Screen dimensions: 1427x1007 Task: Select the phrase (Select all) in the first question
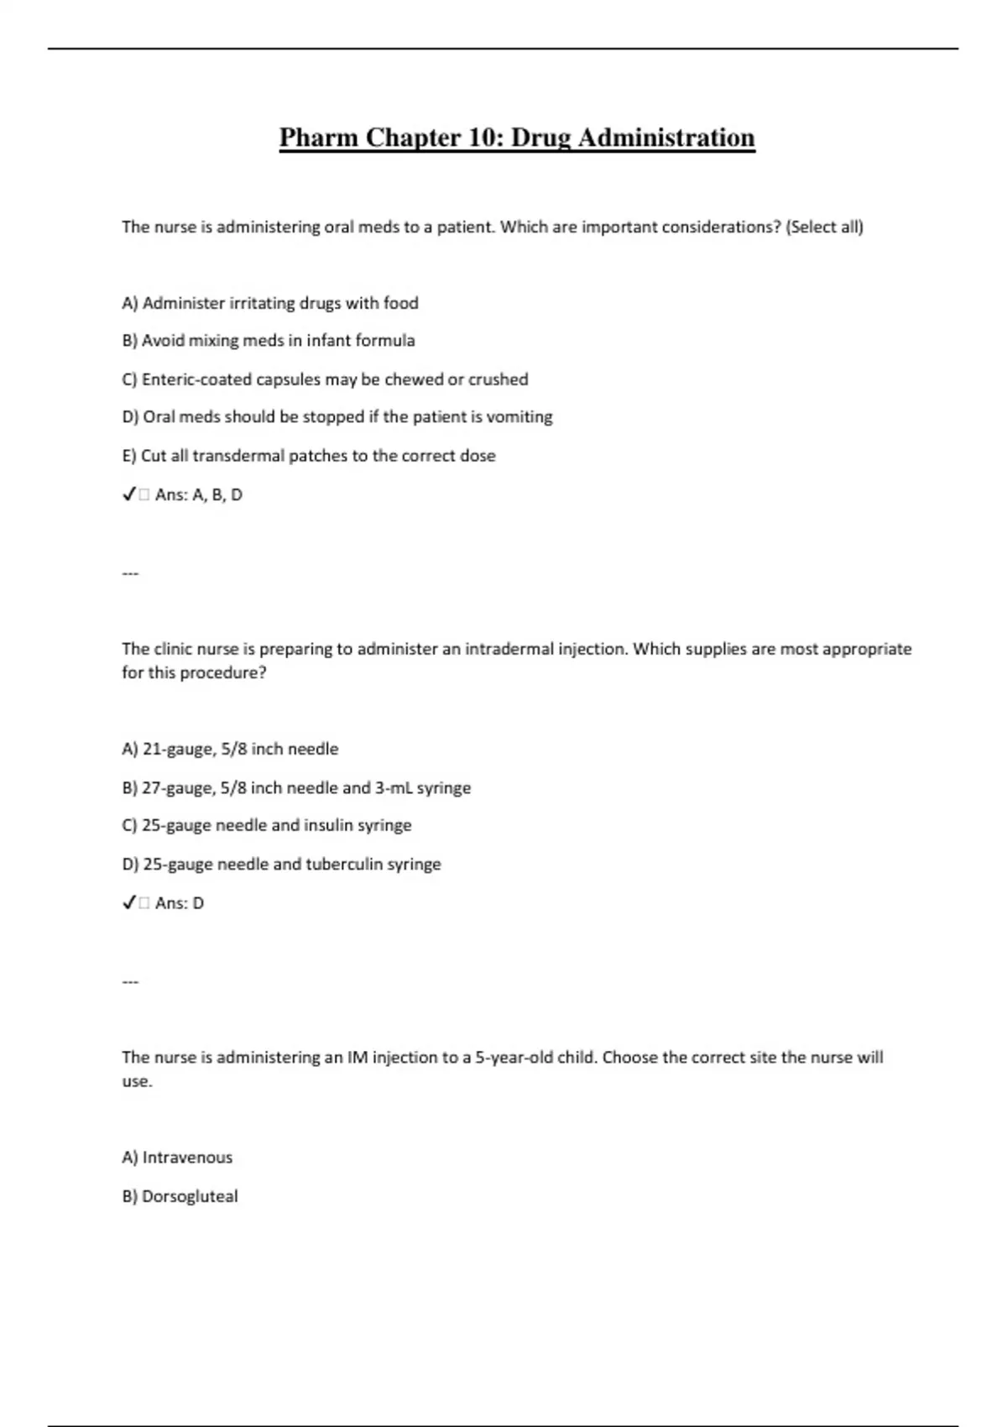point(824,227)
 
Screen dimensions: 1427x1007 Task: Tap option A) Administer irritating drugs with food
point(270,303)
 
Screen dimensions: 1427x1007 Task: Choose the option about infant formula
point(269,341)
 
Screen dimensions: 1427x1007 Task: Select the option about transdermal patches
point(309,456)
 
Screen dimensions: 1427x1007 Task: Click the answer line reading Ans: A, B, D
point(198,495)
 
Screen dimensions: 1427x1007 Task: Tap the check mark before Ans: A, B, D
point(128,495)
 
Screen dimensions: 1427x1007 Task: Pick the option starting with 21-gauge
point(231,749)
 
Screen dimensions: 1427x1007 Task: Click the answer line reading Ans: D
point(179,903)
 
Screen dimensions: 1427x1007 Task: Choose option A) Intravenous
point(177,1158)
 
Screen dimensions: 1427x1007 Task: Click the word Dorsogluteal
point(190,1196)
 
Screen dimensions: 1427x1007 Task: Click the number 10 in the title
point(481,138)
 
